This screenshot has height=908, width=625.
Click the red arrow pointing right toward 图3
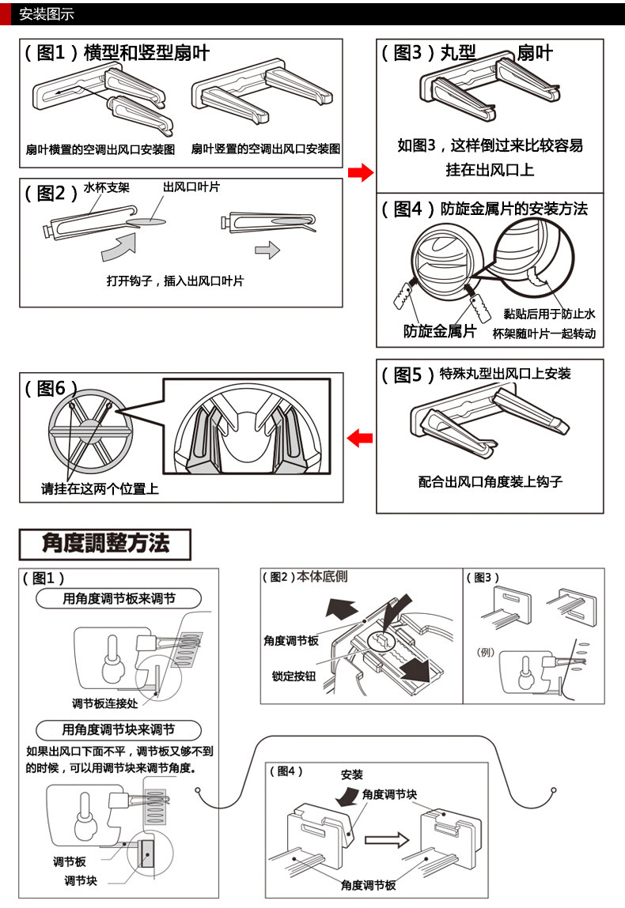[x=360, y=172]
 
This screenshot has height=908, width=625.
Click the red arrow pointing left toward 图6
[x=360, y=436]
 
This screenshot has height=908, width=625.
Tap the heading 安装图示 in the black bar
[x=46, y=13]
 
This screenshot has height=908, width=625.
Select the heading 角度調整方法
[x=105, y=544]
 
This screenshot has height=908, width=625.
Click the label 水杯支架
[x=107, y=189]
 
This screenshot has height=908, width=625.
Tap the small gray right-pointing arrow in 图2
[x=267, y=251]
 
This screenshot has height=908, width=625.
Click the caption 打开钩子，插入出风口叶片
[x=176, y=281]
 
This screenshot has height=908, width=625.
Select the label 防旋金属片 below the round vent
[x=440, y=331]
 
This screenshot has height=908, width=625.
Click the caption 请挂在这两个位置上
[x=100, y=489]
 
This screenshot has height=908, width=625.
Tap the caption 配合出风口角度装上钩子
[x=491, y=481]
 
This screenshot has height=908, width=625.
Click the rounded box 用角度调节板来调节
[x=119, y=599]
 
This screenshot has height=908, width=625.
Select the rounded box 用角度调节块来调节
[x=119, y=729]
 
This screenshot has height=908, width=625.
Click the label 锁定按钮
[x=294, y=676]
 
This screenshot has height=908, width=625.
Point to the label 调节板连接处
[x=105, y=703]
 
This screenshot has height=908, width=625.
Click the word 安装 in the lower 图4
[x=352, y=774]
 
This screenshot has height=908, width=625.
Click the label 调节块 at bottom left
[x=81, y=880]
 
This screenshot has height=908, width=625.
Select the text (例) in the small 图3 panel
[x=486, y=652]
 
